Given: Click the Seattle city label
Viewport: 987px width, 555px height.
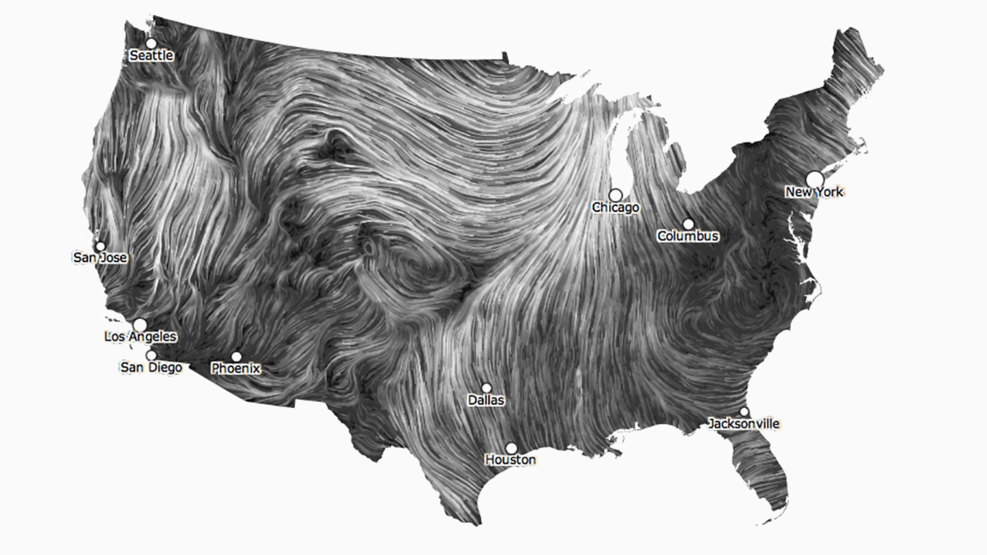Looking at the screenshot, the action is (151, 55).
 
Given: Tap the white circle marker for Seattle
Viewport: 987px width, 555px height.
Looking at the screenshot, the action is (151, 43).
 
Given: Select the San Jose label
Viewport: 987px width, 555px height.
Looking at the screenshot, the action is (100, 257).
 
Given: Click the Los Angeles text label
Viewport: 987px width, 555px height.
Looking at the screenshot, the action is (140, 337).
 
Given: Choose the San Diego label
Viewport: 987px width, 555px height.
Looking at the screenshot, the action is (151, 367).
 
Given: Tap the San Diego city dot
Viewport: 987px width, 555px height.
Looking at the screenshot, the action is (151, 355).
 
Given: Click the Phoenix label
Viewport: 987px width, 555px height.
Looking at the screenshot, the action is (236, 368).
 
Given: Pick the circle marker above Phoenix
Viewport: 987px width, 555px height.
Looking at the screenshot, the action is (236, 357).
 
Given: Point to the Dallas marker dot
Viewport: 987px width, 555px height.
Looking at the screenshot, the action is (486, 388).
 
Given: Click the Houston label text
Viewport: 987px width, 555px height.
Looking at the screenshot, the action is (511, 460).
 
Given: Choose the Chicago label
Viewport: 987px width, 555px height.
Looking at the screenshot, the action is (615, 207).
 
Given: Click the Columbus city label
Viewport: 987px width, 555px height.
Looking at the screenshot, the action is (688, 236).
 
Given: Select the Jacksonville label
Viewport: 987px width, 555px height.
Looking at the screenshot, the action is (744, 424).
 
